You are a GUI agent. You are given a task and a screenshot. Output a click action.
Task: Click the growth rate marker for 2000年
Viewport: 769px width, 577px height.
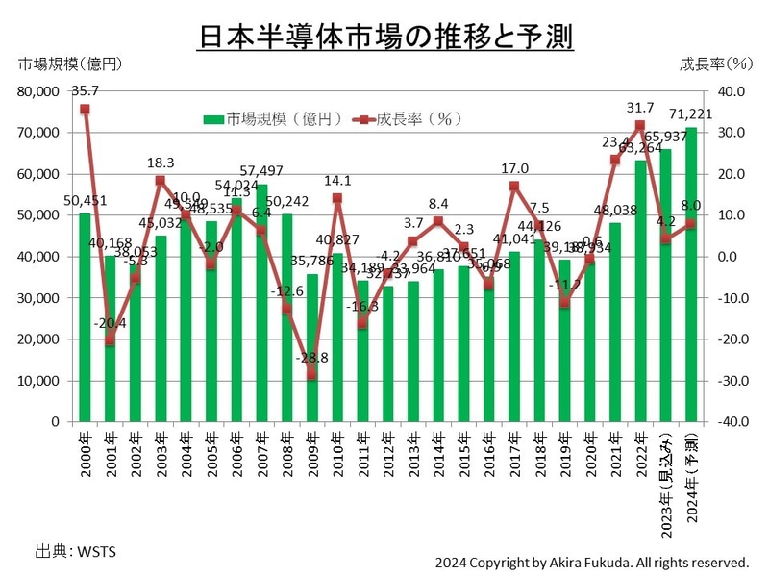click(85, 109)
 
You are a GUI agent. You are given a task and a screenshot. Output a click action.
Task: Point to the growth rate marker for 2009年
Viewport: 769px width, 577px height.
click(312, 375)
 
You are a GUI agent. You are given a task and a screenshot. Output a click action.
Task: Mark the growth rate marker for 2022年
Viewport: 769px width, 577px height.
click(640, 125)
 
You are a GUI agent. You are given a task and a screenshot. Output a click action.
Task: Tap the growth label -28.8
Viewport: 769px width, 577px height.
click(312, 357)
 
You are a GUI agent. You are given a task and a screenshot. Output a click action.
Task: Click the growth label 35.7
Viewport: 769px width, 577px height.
click(85, 90)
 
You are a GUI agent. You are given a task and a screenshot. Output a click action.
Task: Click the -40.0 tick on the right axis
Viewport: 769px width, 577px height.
click(730, 422)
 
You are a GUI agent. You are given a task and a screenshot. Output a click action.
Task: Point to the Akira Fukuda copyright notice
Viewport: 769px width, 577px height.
click(591, 562)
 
